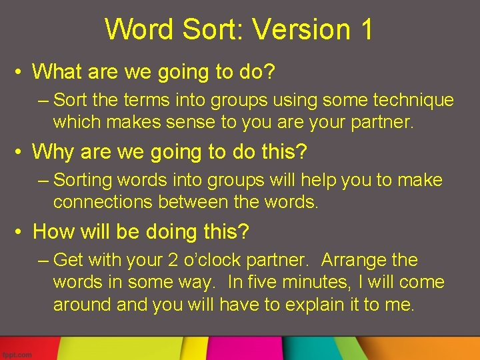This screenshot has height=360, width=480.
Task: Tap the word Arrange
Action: (x=358, y=260)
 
